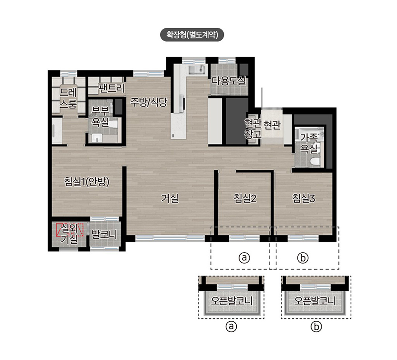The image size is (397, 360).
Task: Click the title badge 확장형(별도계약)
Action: [192, 35]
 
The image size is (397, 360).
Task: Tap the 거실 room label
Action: [170, 198]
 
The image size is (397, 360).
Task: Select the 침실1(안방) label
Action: [87, 182]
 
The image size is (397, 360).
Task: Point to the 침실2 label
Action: [245, 198]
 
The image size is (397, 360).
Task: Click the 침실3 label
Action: [304, 198]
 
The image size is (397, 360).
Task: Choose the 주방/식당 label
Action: [148, 102]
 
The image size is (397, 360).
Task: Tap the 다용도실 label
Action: [229, 81]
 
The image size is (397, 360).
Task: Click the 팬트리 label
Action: [112, 88]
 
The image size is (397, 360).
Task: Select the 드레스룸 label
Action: [68, 98]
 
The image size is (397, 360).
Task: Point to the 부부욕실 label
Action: [100, 117]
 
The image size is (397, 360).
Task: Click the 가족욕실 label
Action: [309, 143]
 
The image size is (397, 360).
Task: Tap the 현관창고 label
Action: [253, 129]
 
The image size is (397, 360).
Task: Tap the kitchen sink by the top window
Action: [197, 69]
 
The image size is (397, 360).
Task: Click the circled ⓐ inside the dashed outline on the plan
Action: [244, 258]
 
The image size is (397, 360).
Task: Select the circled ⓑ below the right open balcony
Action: [316, 327]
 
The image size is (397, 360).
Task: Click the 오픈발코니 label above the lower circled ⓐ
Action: [231, 301]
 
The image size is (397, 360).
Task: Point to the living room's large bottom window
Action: [170, 238]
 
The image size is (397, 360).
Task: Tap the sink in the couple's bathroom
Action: [96, 139]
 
